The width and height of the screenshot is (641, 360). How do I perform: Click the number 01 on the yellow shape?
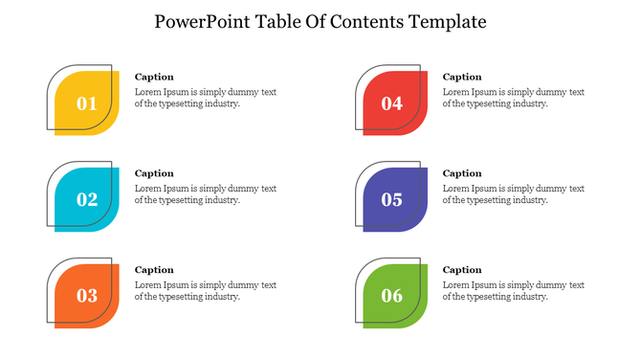[87, 103]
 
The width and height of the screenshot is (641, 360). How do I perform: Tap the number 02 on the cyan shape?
[87, 199]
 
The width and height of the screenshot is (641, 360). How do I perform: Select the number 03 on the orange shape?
[87, 296]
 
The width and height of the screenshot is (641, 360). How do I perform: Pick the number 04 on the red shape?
[392, 103]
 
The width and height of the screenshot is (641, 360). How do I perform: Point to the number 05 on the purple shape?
[392, 199]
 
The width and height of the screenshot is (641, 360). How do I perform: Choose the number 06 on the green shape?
[392, 296]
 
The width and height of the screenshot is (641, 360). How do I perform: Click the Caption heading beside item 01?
[154, 77]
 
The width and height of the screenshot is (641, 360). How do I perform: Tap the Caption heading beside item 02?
[154, 173]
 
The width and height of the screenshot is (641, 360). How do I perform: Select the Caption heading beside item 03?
[154, 270]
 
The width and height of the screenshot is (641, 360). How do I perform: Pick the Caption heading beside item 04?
[462, 77]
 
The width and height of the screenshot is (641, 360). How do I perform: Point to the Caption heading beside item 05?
[462, 173]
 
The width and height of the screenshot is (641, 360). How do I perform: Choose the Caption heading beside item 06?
[462, 270]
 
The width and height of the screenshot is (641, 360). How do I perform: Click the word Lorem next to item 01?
[148, 92]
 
